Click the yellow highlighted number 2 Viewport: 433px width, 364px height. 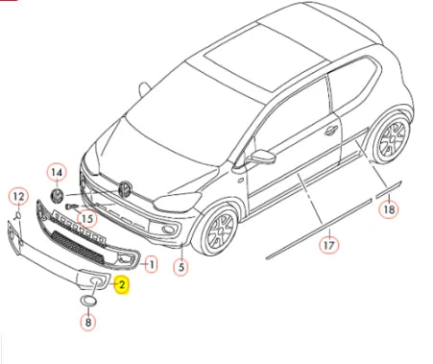tap(122, 285)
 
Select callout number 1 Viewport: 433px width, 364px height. tap(151, 264)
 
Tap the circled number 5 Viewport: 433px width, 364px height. tap(181, 267)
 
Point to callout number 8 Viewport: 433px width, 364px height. tap(88, 322)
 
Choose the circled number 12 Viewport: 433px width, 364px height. tap(18, 196)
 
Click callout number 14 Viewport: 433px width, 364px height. tap(57, 173)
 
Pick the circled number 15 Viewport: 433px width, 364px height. tap(87, 219)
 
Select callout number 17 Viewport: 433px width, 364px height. tap(329, 246)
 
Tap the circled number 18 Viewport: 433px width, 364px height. tap(389, 209)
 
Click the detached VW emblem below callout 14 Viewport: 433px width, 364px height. tap(58, 195)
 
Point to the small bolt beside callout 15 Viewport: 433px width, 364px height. tap(71, 206)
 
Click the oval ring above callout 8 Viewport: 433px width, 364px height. tap(88, 301)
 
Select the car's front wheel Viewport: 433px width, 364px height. tap(217, 230)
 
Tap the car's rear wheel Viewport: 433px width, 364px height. tap(393, 137)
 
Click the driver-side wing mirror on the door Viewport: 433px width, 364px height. tap(263, 156)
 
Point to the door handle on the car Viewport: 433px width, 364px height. tap(331, 130)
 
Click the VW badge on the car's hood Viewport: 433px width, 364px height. tap(125, 189)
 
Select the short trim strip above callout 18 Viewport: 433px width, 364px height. tap(388, 189)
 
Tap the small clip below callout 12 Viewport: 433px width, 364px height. tap(18, 215)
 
